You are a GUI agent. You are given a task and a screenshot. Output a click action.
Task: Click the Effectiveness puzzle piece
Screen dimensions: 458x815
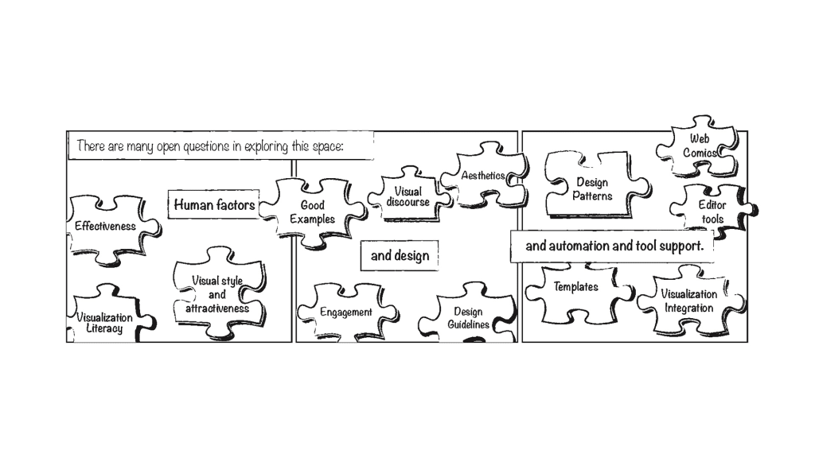point(105,226)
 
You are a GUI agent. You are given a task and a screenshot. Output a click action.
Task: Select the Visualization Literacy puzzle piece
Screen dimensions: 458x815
point(104,322)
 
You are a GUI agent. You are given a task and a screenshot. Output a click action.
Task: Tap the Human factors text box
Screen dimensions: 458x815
point(214,205)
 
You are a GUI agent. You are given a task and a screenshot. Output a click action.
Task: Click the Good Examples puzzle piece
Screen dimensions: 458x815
point(312,212)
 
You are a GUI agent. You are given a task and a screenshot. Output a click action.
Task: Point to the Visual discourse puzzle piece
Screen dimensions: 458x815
point(407,196)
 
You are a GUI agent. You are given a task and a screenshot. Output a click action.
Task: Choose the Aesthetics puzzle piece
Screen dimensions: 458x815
point(482,176)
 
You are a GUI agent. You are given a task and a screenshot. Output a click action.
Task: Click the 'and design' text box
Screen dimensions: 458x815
point(400,256)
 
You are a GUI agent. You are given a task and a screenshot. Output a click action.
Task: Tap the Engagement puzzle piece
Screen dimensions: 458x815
point(346,312)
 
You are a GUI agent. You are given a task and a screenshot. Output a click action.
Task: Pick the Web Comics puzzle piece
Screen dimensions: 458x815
point(700,146)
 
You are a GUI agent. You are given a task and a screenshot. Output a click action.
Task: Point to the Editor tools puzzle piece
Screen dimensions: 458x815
point(712,212)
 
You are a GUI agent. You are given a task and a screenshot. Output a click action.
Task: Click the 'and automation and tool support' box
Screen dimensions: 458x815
point(614,246)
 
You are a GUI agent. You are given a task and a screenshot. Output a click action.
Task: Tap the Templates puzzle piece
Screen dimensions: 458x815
point(575,287)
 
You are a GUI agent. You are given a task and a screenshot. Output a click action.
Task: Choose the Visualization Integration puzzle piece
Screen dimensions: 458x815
point(688,301)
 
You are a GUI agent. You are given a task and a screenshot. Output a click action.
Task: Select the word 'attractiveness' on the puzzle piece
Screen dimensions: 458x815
point(217,309)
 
